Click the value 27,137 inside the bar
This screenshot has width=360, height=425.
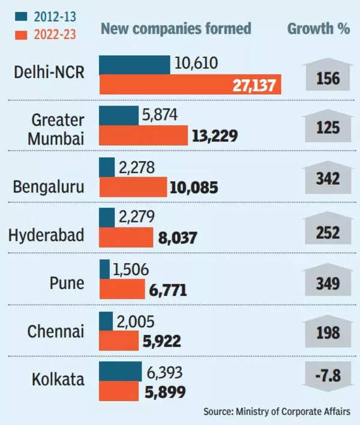click(254, 85)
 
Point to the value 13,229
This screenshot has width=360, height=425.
click(214, 136)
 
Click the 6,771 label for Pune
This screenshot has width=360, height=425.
click(166, 291)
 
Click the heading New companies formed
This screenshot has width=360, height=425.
click(176, 29)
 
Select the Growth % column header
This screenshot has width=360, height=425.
click(319, 29)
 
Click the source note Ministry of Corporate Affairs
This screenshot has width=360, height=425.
click(279, 412)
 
